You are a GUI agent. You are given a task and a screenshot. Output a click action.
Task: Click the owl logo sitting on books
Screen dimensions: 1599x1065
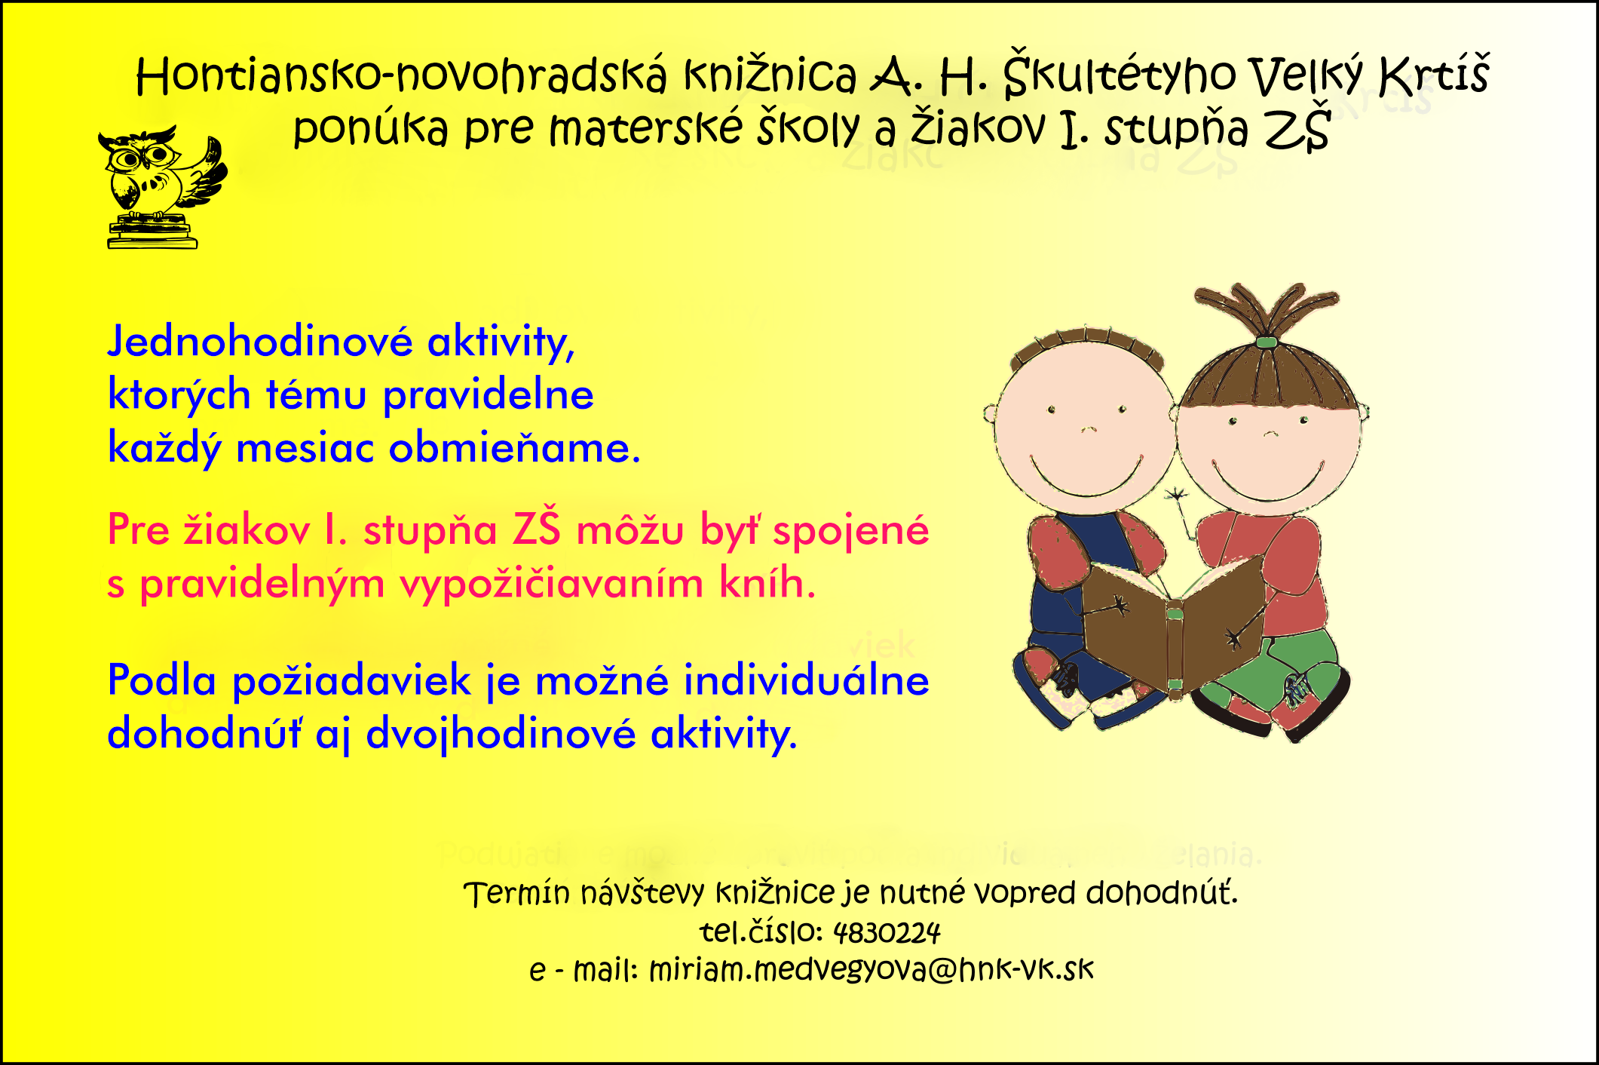coord(161,187)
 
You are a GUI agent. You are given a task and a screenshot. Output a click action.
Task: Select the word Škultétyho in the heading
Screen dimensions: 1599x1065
coord(1120,74)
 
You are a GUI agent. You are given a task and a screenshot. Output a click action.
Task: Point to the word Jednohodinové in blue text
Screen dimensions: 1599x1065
coord(260,342)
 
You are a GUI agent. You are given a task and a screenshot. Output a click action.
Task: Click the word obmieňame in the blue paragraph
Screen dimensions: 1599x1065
coord(514,448)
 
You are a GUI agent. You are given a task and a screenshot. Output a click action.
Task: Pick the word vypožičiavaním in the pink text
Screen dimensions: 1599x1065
coord(551,584)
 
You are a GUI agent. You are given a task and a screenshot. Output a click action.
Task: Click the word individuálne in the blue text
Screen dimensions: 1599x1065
coord(806,680)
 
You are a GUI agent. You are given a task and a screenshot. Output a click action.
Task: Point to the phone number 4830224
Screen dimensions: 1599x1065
coord(887,933)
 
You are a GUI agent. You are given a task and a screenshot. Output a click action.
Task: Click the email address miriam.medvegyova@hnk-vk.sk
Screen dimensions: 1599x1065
coord(871,970)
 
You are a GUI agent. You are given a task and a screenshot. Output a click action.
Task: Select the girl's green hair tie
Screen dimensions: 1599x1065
coord(1266,342)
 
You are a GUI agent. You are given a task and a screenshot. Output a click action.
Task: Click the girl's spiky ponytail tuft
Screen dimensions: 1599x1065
coord(1267,309)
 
